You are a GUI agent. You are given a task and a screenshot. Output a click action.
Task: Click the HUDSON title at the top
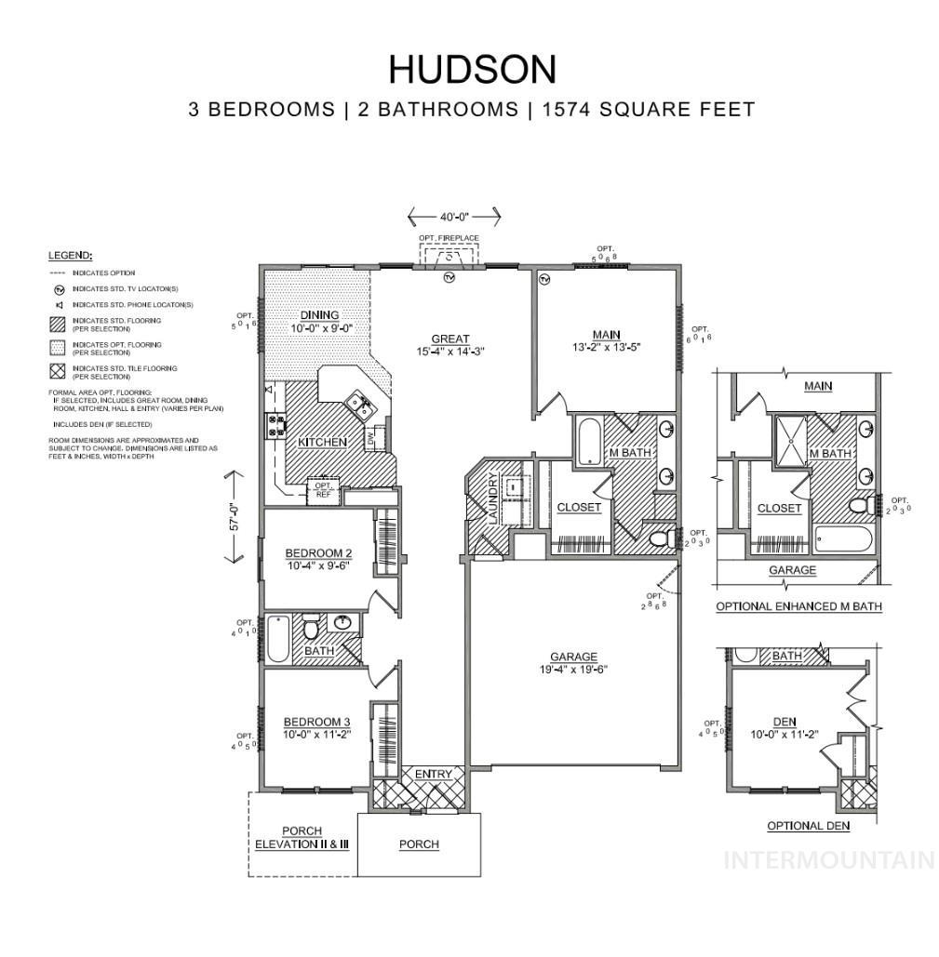click(x=472, y=69)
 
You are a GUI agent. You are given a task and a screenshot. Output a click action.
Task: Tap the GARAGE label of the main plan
click(x=573, y=657)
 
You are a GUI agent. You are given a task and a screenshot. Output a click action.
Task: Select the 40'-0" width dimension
click(x=454, y=217)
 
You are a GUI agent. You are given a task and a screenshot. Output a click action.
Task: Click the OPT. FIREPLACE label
click(x=449, y=238)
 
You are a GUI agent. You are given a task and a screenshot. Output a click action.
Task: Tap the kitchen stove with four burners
click(x=276, y=425)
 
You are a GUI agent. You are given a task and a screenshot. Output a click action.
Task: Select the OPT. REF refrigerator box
click(x=324, y=489)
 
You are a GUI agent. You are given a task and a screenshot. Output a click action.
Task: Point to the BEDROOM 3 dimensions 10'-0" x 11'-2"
click(x=317, y=734)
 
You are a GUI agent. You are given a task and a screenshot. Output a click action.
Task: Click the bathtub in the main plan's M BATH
click(x=588, y=443)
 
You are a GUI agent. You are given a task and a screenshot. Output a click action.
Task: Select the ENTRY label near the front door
click(x=434, y=774)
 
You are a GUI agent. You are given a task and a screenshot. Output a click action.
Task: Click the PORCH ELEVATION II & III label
click(x=302, y=838)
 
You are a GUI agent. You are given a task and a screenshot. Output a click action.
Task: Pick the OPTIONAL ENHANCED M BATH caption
click(x=798, y=606)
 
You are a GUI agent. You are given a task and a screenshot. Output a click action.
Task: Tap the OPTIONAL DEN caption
click(x=808, y=826)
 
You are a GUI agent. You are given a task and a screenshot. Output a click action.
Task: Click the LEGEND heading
click(x=71, y=254)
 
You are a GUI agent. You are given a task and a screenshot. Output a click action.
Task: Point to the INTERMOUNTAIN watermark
click(x=829, y=859)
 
